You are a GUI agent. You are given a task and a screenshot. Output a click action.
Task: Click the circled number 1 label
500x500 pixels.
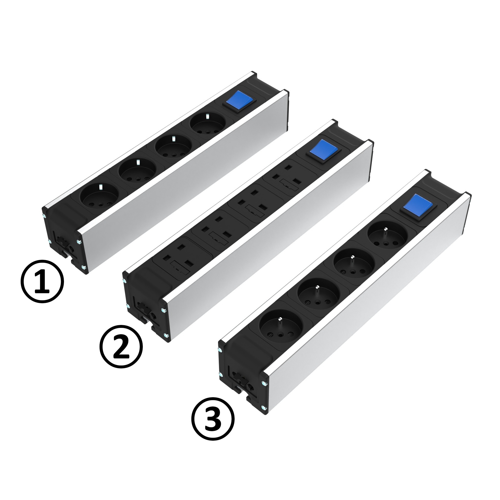point(42,282)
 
